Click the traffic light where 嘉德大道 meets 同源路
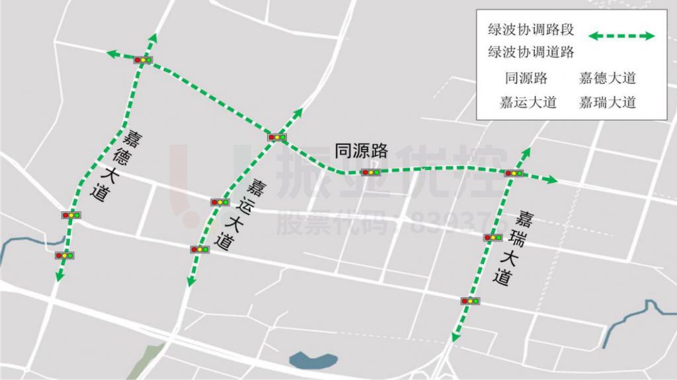pos(143,60)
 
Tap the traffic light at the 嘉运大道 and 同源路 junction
pos(277,137)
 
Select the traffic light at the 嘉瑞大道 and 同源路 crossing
pos(514,173)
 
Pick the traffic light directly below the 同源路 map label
pos(370,172)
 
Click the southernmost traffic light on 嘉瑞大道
pos(470,301)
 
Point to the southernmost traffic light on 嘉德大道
pos(65,255)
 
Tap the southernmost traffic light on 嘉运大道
pos(199,249)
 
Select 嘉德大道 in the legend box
pos(607,78)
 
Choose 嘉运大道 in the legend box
pos(528,102)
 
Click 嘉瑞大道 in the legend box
pos(607,102)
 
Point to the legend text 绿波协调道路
pos(531,52)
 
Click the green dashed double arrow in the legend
pos(621,36)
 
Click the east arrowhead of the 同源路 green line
pos(553,179)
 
